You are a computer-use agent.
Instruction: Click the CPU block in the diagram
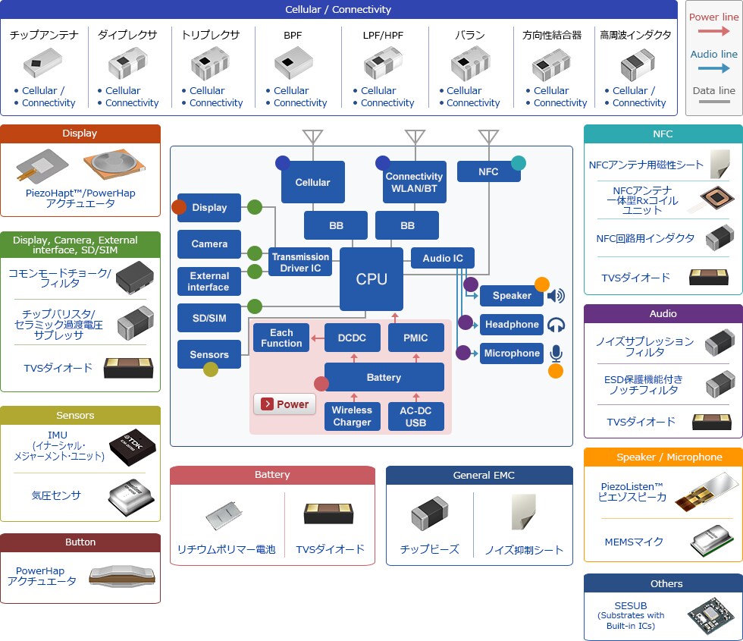coord(371,279)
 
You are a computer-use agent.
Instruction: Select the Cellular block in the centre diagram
coord(312,182)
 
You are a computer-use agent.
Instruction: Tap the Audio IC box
coord(442,258)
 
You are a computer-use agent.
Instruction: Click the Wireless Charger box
coord(352,416)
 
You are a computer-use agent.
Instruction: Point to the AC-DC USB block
coord(416,416)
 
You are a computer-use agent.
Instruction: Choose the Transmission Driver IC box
coord(300,262)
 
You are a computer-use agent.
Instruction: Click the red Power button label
coord(285,404)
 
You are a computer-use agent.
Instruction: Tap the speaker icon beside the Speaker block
coord(556,296)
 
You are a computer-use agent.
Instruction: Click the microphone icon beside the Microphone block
coord(556,353)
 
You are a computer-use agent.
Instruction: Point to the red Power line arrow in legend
coord(713,31)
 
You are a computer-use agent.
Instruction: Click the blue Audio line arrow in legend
coord(713,68)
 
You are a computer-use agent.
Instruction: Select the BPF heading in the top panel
coord(293,35)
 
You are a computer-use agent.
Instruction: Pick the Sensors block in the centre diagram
coord(209,354)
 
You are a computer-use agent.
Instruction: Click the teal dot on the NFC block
coord(518,162)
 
